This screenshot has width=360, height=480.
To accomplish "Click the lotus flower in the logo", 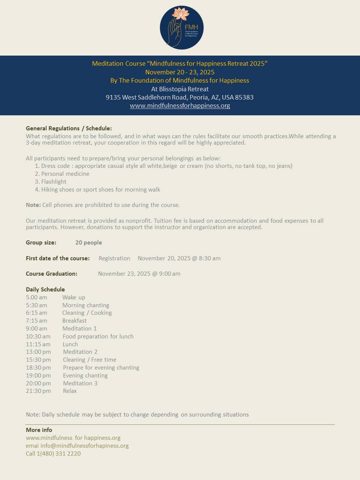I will click(x=180, y=15).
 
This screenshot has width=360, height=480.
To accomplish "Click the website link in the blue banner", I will click(x=180, y=106).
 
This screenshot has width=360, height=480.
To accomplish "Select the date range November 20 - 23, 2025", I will click(x=180, y=72).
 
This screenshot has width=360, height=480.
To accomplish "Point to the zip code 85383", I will click(x=244, y=97).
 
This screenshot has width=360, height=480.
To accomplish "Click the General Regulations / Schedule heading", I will click(x=69, y=128).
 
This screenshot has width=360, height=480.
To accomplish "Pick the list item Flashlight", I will click(x=54, y=182).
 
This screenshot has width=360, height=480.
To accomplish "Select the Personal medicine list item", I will click(x=65, y=174).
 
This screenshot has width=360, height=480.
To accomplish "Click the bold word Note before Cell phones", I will click(x=33, y=205).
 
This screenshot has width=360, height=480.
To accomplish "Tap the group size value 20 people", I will click(x=89, y=243).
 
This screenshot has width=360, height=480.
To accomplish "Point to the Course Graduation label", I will click(x=51, y=274).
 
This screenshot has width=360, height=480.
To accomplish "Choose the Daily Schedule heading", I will click(x=45, y=290).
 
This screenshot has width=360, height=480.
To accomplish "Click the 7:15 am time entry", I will click(x=36, y=321).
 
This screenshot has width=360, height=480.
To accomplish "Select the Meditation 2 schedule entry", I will click(x=80, y=352).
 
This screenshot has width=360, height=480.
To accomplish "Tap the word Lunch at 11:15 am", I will click(x=70, y=344).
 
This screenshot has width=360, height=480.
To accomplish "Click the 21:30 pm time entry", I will click(x=38, y=391).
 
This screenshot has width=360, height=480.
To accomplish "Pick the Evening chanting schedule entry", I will click(x=85, y=376).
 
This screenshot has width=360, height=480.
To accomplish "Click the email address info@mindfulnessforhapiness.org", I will click(x=84, y=446).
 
